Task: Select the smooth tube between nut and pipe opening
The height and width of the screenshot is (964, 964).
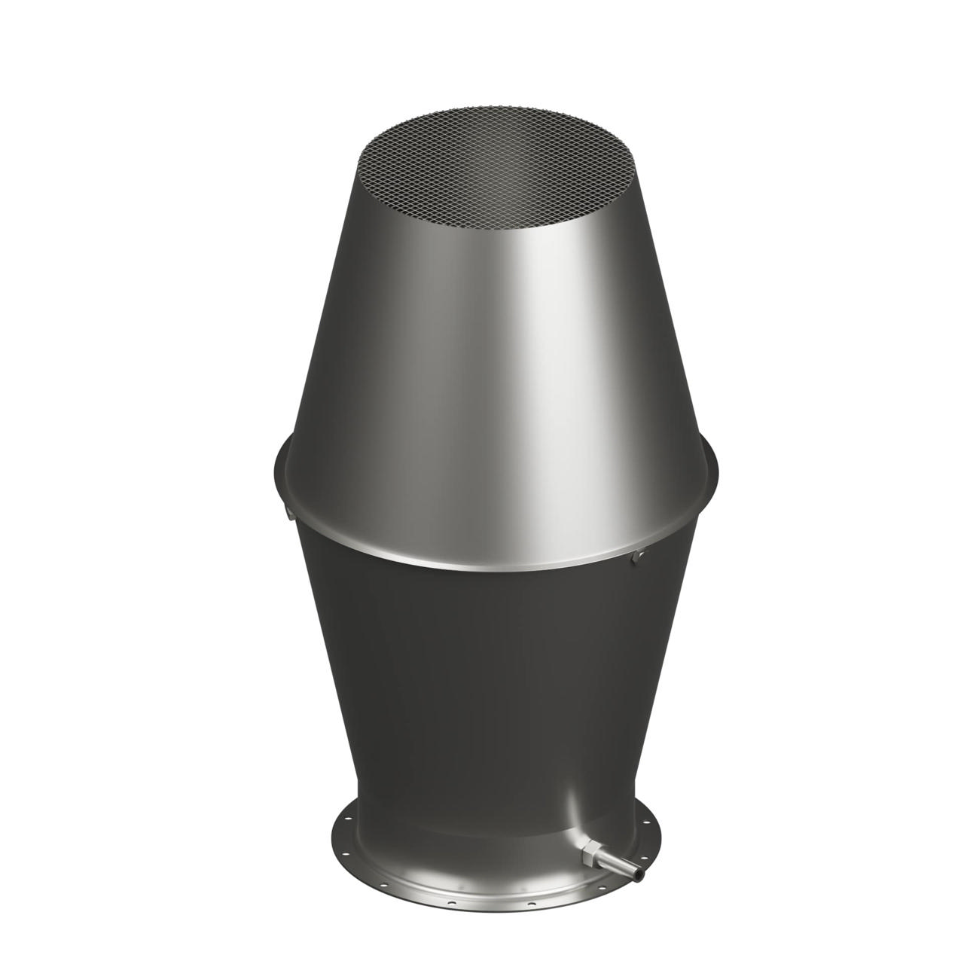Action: click(x=616, y=864)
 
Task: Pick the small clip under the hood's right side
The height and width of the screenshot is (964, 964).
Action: click(x=639, y=555)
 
